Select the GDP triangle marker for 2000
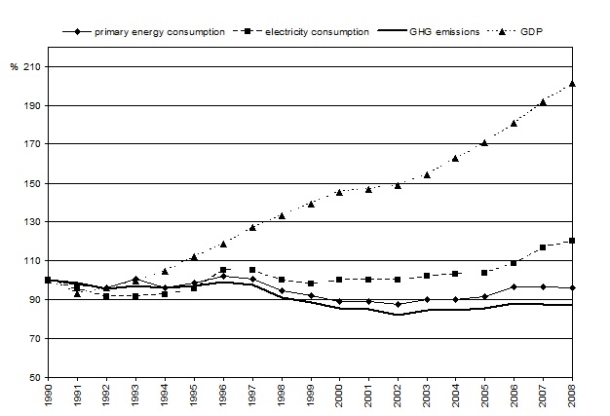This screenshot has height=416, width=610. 339,192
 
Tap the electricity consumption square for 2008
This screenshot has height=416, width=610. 572,241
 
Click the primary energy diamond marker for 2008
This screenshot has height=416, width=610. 572,287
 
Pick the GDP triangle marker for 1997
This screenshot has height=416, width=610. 252,227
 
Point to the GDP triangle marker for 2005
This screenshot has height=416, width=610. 484,142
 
